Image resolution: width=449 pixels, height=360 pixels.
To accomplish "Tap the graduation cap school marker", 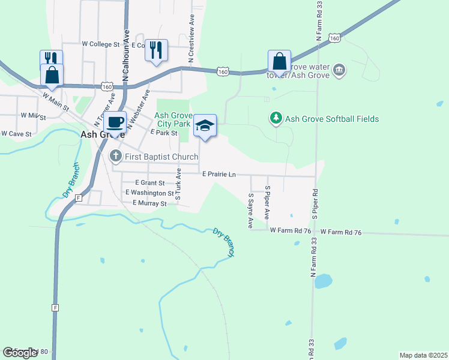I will pyautogui.click(x=205, y=125).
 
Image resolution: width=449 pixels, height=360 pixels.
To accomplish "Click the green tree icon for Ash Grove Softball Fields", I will pyautogui.click(x=276, y=118).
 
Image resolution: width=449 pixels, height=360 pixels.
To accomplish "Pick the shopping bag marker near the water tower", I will pyautogui.click(x=279, y=61).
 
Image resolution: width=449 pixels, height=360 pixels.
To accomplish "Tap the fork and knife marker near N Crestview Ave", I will pyautogui.click(x=156, y=50).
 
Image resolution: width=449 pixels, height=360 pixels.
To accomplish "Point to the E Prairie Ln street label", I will pyautogui.click(x=218, y=174).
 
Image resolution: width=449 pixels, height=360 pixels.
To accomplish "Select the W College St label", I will pyautogui.click(x=101, y=44).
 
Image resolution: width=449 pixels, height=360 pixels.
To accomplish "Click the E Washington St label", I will pyautogui.click(x=149, y=193).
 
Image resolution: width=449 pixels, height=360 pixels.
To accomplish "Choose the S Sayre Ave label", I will pyautogui.click(x=250, y=210).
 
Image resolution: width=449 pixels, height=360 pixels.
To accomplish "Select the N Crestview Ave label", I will pyautogui.click(x=191, y=39).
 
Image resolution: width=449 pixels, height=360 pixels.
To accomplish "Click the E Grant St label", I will pyautogui.click(x=149, y=182).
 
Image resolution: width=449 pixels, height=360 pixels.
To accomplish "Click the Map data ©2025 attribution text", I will pyautogui.click(x=423, y=355).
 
